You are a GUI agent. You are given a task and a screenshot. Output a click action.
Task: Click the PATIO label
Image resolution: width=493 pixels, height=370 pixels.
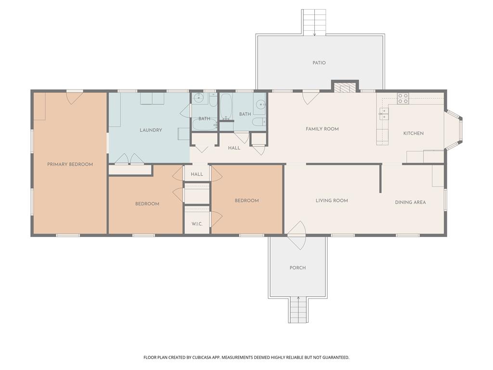click(319, 63)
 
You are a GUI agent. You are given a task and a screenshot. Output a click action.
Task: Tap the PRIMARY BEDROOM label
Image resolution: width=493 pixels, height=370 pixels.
click(70, 164)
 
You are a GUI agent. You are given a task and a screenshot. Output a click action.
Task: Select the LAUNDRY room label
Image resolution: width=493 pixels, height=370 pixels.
click(151, 130)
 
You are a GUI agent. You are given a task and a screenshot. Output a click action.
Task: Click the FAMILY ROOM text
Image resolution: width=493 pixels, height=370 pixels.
click(322, 129)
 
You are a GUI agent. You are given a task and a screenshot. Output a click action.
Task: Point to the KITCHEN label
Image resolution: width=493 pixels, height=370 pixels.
click(413, 133)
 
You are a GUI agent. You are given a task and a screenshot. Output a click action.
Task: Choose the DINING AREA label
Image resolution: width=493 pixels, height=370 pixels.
click(410, 202)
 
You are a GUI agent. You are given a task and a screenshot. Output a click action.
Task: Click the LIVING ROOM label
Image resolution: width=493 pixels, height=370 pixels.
click(332, 200)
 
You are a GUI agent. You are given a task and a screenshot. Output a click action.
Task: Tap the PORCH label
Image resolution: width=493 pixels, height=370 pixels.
click(298, 268)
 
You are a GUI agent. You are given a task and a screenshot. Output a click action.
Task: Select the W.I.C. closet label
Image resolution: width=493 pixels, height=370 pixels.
click(197, 224)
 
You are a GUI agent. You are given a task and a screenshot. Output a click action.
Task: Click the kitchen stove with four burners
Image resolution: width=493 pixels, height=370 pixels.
click(403, 98)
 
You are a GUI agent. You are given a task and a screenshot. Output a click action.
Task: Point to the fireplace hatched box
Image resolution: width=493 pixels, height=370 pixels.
click(345, 87)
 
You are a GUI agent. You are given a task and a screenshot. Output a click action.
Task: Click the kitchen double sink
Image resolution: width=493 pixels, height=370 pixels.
click(384, 114)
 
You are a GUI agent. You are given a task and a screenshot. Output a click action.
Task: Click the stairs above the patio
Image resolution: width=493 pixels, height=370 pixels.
click(314, 22)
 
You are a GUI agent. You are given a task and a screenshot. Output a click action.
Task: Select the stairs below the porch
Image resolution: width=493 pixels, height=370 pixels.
click(298, 310)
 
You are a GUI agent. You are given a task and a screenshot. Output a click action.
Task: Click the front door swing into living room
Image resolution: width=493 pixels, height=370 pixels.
click(297, 235)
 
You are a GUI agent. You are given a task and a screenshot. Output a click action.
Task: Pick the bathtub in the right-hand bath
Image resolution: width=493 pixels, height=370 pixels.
click(226, 106)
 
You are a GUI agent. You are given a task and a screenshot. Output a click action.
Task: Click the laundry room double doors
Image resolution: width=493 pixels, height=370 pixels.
click(129, 159)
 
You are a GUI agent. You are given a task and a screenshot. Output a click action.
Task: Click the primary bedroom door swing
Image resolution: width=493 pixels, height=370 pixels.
click(75, 98)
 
